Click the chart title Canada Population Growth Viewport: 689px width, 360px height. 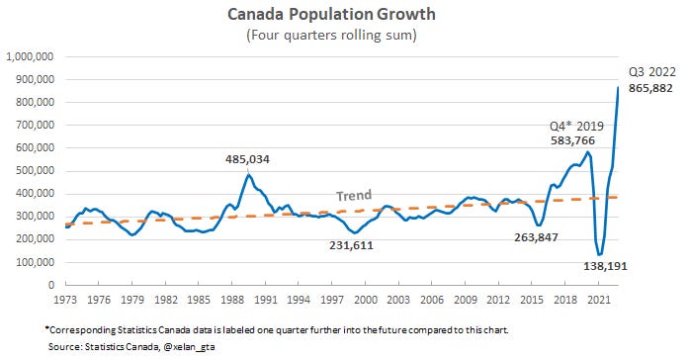[x=344, y=15]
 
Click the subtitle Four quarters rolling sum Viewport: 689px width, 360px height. [x=344, y=37]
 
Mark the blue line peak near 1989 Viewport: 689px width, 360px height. [x=248, y=175]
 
